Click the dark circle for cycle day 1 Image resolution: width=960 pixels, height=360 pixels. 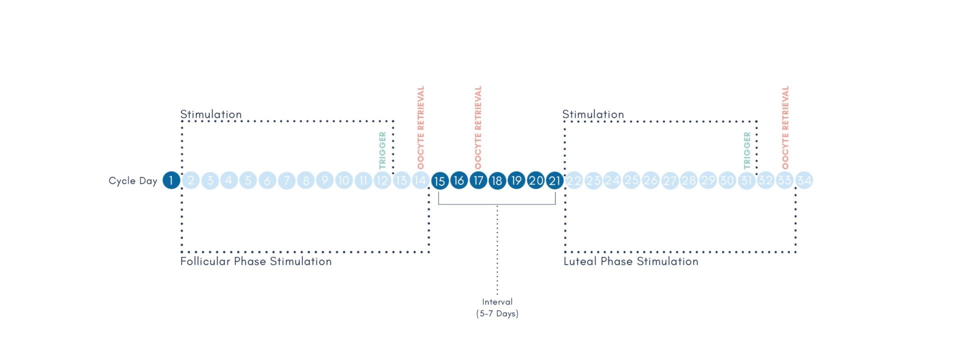pyautogui.click(x=171, y=180)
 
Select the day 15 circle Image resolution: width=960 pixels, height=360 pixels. pyautogui.click(x=440, y=180)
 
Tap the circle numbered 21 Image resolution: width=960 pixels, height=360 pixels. pyautogui.click(x=554, y=180)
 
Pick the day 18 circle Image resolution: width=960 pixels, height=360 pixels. pyautogui.click(x=497, y=180)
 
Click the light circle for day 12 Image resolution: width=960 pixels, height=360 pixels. pyautogui.click(x=382, y=180)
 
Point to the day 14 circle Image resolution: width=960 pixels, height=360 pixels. pyautogui.click(x=420, y=180)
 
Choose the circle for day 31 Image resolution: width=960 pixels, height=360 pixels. pyautogui.click(x=746, y=180)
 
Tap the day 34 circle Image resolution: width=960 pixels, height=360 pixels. pyautogui.click(x=804, y=180)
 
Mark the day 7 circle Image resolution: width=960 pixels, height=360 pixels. pyautogui.click(x=286, y=180)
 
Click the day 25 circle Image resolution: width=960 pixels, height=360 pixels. pyautogui.click(x=631, y=180)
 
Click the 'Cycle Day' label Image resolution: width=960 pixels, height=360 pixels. pyautogui.click(x=133, y=180)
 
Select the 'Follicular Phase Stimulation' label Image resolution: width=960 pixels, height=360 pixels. pyautogui.click(x=256, y=261)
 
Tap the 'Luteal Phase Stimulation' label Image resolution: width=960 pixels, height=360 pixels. pyautogui.click(x=631, y=261)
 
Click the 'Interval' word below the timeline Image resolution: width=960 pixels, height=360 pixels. pyautogui.click(x=497, y=301)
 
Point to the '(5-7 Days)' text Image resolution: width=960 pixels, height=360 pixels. pyautogui.click(x=497, y=314)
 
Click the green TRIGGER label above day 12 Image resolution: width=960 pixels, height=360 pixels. pyautogui.click(x=382, y=150)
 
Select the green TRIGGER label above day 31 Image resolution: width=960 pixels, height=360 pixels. pyautogui.click(x=747, y=150)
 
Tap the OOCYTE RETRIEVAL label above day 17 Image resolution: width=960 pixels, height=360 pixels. pyautogui.click(x=478, y=127)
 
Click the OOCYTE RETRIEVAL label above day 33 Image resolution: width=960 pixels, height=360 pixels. pyautogui.click(x=785, y=127)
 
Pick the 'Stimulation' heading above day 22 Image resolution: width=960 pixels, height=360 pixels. pyautogui.click(x=593, y=114)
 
